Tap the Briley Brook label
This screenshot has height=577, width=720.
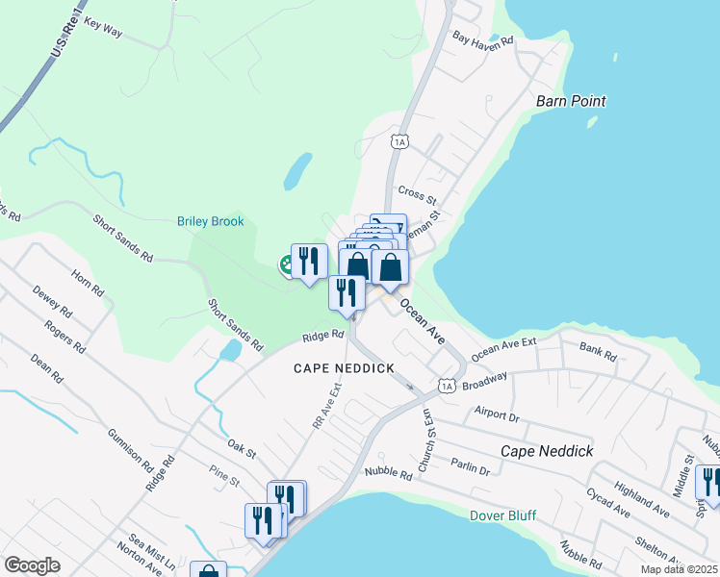[x=211, y=221]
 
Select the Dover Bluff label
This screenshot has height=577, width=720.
[x=501, y=515]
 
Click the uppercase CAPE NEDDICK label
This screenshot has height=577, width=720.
[x=344, y=368]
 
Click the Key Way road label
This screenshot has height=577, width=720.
[x=103, y=26]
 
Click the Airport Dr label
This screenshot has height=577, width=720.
[x=497, y=414]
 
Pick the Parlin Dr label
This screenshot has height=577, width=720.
[x=470, y=467]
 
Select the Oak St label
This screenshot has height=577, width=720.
[x=242, y=446]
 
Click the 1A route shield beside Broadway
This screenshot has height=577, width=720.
[x=446, y=386]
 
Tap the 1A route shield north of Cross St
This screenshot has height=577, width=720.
[x=400, y=141]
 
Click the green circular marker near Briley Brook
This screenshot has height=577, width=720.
[x=287, y=265]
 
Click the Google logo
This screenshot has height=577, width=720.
[x=33, y=565]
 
